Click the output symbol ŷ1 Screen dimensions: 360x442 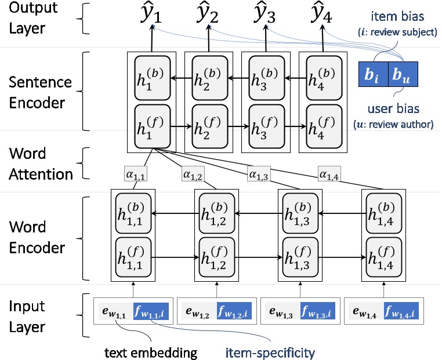click(152, 14)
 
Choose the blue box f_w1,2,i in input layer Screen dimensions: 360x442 click(235, 310)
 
